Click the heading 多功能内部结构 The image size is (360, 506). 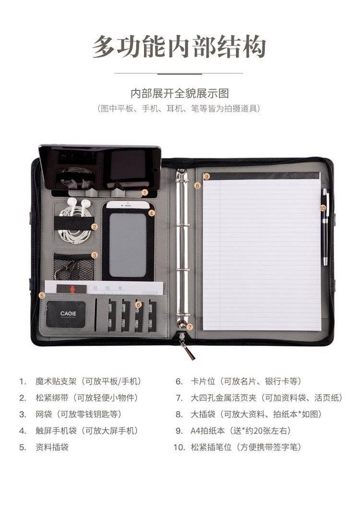(180, 47)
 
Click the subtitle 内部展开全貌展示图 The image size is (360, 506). (180, 93)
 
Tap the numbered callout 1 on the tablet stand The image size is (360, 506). (145, 193)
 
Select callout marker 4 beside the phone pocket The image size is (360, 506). (152, 213)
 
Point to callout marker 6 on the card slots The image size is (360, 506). (138, 304)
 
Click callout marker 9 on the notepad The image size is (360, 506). (207, 176)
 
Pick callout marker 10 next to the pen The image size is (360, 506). (323, 208)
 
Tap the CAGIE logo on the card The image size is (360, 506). (68, 313)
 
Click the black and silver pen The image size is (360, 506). (325, 227)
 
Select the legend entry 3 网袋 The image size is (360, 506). (71, 414)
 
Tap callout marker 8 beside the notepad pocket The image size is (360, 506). (197, 186)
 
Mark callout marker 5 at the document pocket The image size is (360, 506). (41, 295)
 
